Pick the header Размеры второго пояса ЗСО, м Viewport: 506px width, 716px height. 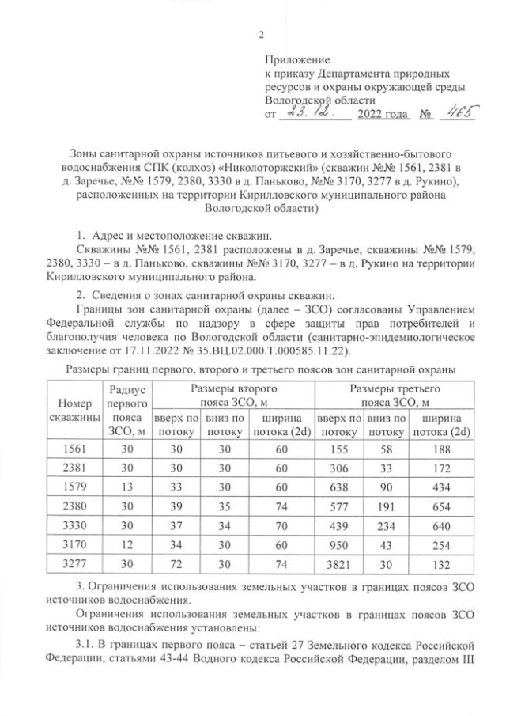click(x=235, y=396)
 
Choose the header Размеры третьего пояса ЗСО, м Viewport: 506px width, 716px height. click(x=394, y=396)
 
